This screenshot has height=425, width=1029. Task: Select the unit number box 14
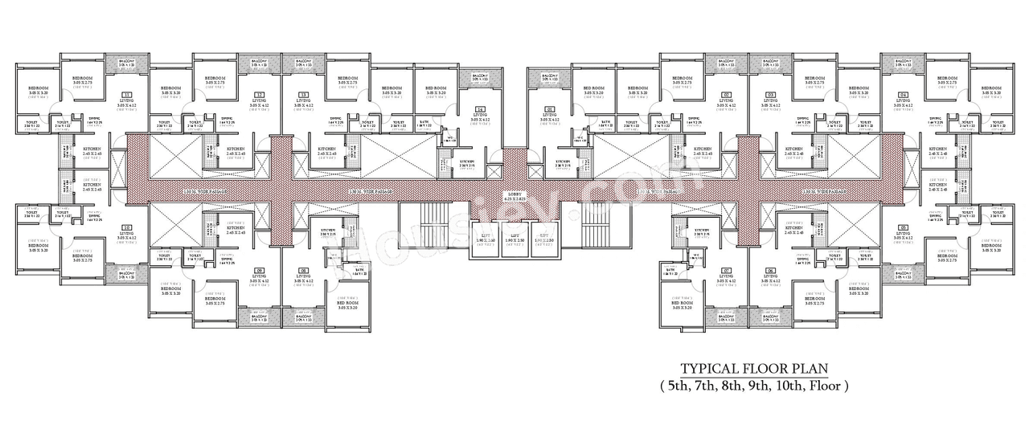[x=480, y=109]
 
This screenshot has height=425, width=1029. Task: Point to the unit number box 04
[x=903, y=93]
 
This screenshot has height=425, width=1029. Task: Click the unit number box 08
[x=303, y=270]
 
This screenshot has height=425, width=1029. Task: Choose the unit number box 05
[x=903, y=227]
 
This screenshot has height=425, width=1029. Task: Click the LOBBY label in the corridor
[x=514, y=194]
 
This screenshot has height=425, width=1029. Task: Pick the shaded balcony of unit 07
[x=726, y=317]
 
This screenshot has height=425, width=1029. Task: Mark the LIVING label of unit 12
[x=259, y=100]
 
